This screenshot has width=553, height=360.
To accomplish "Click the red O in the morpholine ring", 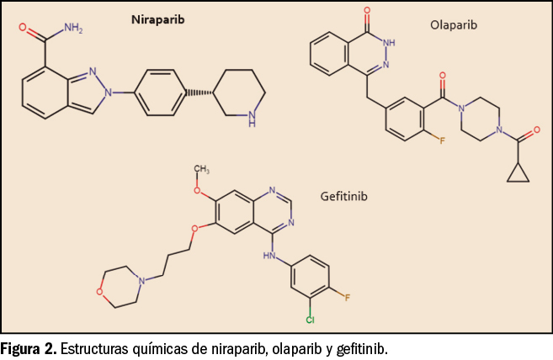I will [100, 292].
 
